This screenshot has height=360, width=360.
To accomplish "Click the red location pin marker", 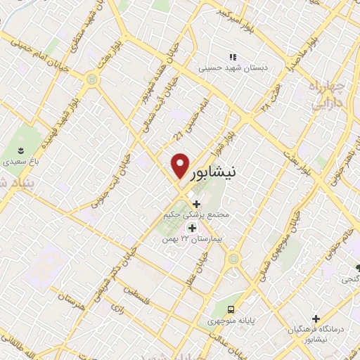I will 180,166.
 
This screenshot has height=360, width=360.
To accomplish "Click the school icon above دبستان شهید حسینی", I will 232,57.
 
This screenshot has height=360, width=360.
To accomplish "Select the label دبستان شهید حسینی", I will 227,68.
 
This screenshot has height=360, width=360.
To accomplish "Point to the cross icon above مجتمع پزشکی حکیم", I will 195,204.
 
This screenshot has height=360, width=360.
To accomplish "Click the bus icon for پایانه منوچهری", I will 231,309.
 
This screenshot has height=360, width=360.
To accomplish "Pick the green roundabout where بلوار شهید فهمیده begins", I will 91,81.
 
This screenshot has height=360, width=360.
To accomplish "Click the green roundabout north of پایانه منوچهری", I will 233,259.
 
